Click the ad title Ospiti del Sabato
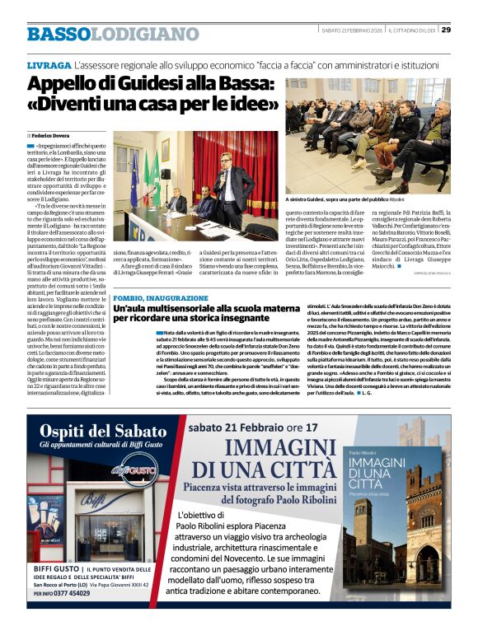coord(103,432)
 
